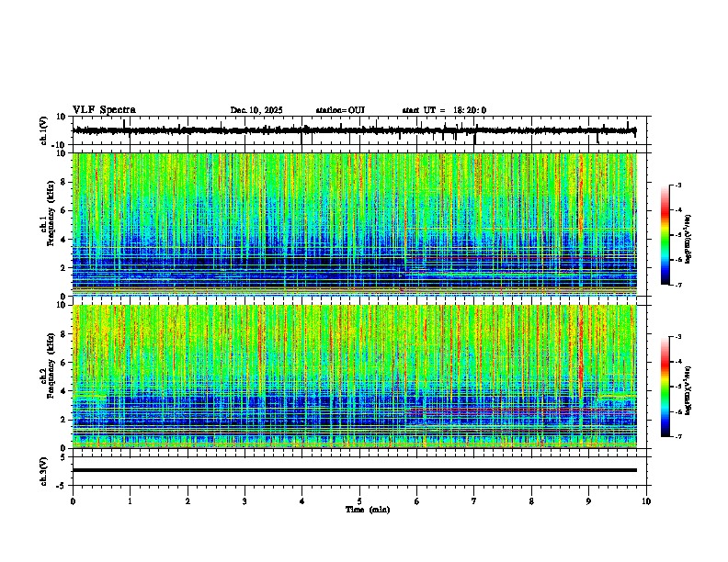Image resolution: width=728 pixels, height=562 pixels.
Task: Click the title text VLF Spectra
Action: (104, 110)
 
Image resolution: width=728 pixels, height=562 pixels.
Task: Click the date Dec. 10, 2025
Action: (256, 110)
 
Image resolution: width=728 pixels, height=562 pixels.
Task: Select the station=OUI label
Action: (340, 110)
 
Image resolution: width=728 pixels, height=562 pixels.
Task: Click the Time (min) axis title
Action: (367, 510)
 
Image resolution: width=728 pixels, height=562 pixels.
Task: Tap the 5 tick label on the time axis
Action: (359, 502)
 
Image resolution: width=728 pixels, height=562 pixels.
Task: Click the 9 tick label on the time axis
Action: (589, 502)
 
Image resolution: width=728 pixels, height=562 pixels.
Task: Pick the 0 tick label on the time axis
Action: (73, 502)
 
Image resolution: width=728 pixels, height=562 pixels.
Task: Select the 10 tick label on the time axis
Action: (646, 502)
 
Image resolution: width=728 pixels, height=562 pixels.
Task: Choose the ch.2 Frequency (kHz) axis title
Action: (47, 377)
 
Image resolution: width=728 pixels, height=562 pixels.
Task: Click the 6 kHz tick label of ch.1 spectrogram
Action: (63, 210)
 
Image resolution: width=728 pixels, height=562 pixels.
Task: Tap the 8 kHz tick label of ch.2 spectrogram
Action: (63, 334)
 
